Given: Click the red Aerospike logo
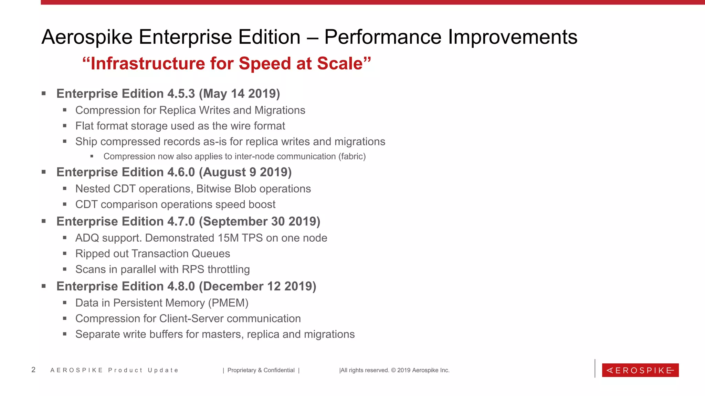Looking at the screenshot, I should pyautogui.click(x=640, y=370).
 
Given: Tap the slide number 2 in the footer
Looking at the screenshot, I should pyautogui.click(x=33, y=370).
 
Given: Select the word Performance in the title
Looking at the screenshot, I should pyautogui.click(x=382, y=37).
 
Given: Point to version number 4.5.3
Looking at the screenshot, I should pyautogui.click(x=181, y=94).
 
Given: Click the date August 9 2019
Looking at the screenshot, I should pyautogui.click(x=245, y=172).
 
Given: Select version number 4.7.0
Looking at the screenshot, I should pyautogui.click(x=181, y=221).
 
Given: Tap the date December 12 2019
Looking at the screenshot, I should pyautogui.click(x=257, y=286).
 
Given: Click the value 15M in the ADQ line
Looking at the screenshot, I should pyautogui.click(x=228, y=238).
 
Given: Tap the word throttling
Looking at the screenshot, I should pyautogui.click(x=229, y=269).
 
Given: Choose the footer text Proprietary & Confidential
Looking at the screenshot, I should pyautogui.click(x=261, y=370).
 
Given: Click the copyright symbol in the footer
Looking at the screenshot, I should pyautogui.click(x=393, y=370).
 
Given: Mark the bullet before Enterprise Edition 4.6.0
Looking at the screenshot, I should pyautogui.click(x=44, y=172).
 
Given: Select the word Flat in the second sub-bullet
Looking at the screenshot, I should pyautogui.click(x=84, y=126).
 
